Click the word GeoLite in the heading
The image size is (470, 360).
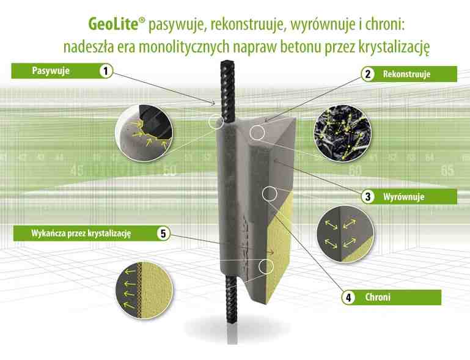[112, 24]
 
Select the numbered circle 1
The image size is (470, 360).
[106, 71]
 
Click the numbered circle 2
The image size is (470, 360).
[368, 74]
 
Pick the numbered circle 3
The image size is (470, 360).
[368, 197]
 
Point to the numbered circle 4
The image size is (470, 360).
[348, 298]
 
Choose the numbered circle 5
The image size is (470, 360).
[163, 233]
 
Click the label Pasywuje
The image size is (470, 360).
[51, 71]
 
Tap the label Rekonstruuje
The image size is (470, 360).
[406, 74]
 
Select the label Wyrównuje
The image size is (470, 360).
[403, 197]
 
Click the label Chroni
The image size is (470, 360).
[378, 298]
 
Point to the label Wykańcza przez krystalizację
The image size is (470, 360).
[81, 233]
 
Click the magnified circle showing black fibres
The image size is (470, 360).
[342, 133]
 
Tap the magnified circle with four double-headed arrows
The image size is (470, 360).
[345, 235]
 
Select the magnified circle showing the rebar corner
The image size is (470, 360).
[144, 133]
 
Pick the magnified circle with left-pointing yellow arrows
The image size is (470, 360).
[144, 290]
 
